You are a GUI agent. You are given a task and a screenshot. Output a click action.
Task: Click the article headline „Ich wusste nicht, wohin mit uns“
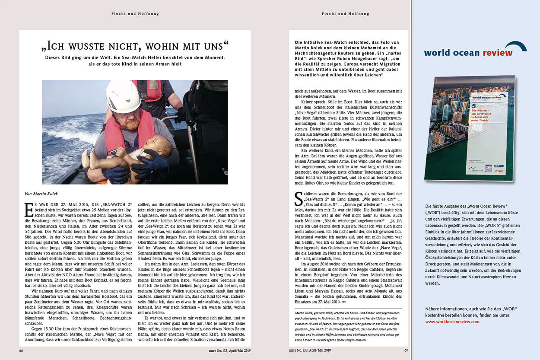135,45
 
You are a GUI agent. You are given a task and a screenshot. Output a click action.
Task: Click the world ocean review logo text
468,53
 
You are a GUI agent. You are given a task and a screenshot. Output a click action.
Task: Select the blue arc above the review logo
516,45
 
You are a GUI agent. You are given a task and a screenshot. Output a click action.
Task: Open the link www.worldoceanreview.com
452,322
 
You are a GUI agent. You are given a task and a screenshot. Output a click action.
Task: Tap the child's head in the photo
164,144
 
